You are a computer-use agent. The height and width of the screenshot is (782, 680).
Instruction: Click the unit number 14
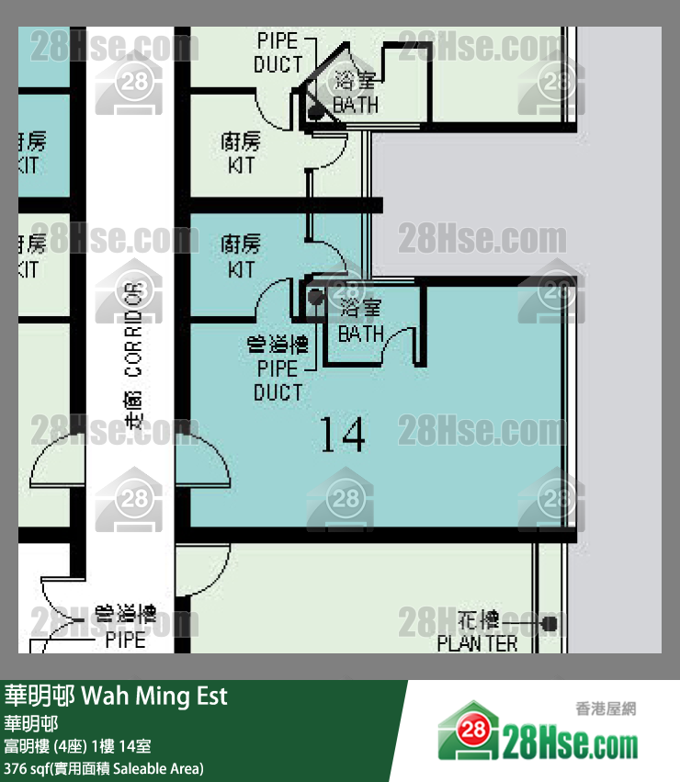coord(342,434)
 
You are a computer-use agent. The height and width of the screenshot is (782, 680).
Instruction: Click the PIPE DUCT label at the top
coord(278,53)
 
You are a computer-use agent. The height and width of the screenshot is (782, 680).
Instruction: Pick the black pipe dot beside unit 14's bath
coord(316,297)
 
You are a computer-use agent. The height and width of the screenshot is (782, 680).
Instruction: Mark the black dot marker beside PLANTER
coord(550,624)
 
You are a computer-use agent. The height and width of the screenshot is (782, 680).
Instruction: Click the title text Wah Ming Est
coord(154,696)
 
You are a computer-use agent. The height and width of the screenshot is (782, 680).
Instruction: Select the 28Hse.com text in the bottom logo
coord(570,741)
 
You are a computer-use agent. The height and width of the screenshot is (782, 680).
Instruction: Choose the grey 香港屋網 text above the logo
coord(606,708)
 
